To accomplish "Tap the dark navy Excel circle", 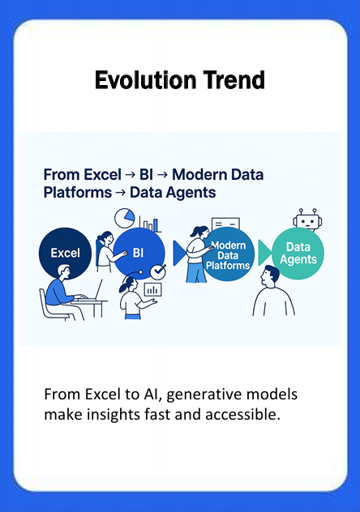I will pos(65,253).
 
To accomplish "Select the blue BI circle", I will pos(137,254).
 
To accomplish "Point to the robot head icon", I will pos(306,219).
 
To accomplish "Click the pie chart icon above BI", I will pos(124,218).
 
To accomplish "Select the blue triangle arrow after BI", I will pos(178,254).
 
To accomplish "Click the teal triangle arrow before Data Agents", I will pos(264,254).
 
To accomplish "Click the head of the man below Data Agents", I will pos(271,277).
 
